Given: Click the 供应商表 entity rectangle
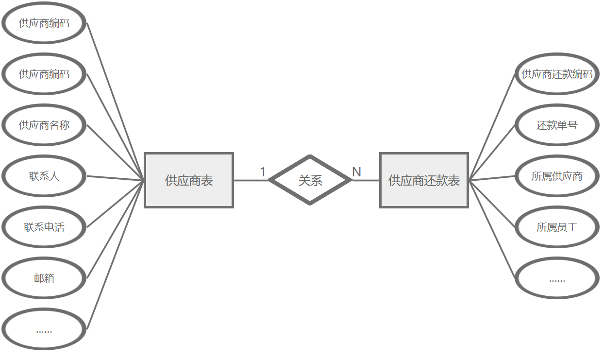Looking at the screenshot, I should coord(189,180).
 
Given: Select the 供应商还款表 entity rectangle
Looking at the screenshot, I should coord(424,180).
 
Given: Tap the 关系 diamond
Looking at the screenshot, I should coord(310,180).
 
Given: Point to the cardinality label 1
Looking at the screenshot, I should coord(263,172).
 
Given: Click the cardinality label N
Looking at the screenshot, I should coord(356,172).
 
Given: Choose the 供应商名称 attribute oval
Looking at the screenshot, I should coord(44,125).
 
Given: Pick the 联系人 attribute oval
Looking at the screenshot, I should coord(44,176).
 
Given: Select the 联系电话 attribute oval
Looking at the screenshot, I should coord(44,227).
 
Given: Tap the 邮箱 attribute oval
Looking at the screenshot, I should coord(44,278).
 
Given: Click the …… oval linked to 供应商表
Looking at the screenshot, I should coord(44,329).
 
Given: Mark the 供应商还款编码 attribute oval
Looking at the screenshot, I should coord(557,74).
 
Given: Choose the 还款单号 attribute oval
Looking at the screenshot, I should coord(557,125).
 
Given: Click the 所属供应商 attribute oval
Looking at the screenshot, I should coord(557,176).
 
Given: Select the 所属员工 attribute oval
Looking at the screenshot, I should coord(557,227).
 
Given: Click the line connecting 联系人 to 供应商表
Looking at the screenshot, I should coord(116,178).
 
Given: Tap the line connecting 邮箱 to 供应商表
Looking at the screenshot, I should coord(116,230).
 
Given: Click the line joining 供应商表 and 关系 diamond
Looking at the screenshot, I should coord(251,180).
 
